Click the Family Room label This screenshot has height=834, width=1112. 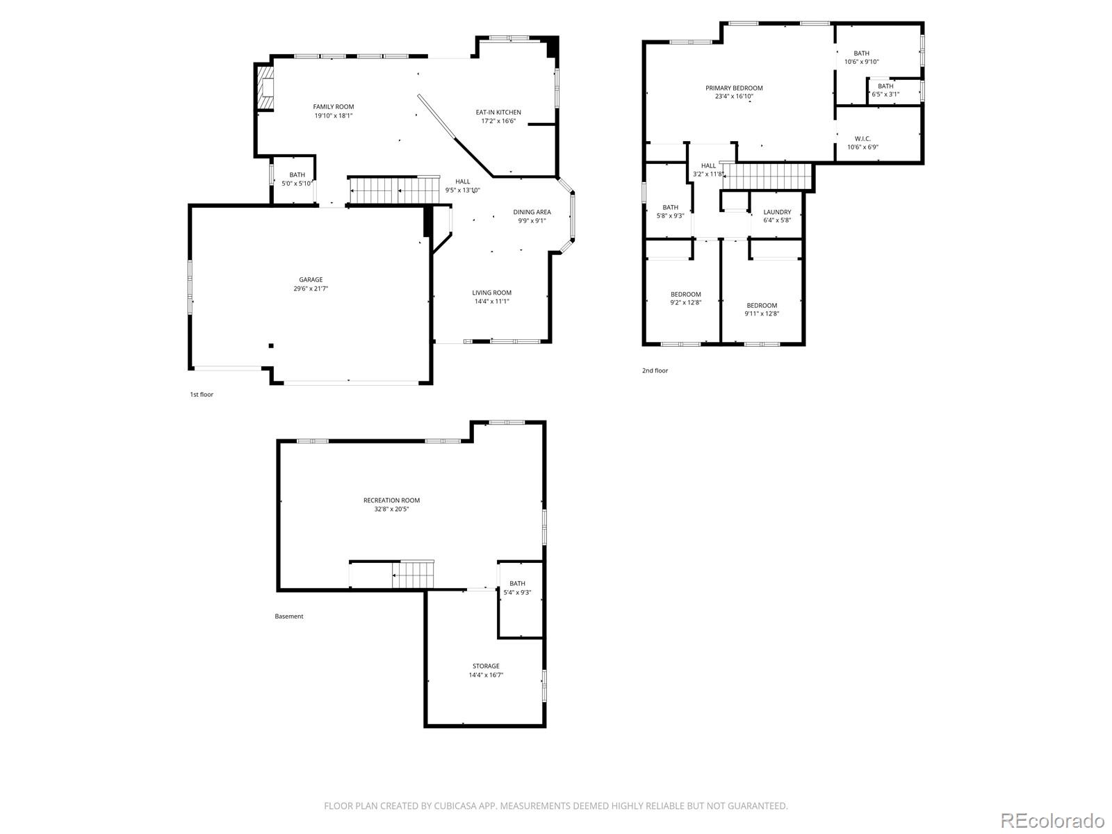click(x=334, y=107)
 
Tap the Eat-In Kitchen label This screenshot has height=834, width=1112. click(x=498, y=113)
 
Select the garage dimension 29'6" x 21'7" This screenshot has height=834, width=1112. click(x=311, y=288)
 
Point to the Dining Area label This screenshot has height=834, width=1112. click(x=532, y=213)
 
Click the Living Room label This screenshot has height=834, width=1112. click(x=492, y=293)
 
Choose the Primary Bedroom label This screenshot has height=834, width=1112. click(x=734, y=88)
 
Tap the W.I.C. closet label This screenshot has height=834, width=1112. click(x=862, y=139)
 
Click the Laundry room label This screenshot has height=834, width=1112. click(x=777, y=213)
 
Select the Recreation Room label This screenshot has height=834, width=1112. click(x=392, y=500)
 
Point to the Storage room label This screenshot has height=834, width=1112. click(x=486, y=667)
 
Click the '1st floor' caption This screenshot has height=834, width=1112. click(x=202, y=395)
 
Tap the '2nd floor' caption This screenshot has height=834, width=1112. click(x=655, y=371)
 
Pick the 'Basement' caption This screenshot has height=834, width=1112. click(x=289, y=616)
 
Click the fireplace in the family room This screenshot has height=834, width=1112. click(x=265, y=87)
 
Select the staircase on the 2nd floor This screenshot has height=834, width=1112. click(x=768, y=176)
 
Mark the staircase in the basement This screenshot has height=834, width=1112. click(x=413, y=575)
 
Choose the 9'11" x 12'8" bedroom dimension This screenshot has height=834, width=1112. click(x=762, y=313)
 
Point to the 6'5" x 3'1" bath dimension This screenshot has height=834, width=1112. click(x=885, y=95)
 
